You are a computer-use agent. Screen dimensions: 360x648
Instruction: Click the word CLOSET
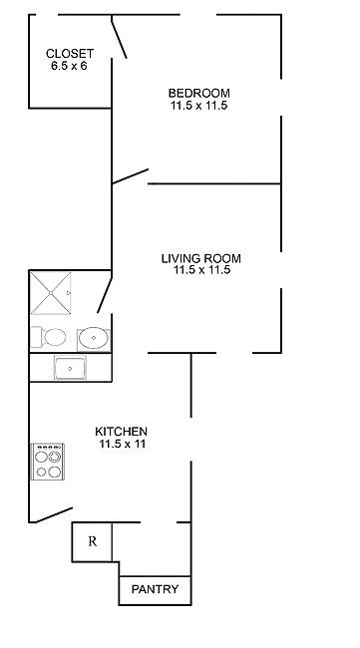pos(70,53)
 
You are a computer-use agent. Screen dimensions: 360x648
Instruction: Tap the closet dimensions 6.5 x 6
pos(70,65)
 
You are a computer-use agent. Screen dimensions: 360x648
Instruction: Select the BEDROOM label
pos(198,93)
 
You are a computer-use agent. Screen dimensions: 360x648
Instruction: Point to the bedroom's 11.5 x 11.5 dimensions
pos(198,105)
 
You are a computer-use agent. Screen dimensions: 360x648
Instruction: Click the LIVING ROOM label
pos(200,259)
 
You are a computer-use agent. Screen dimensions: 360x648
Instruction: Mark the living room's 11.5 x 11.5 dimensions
pos(201,270)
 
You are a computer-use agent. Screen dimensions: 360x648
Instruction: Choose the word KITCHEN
pos(121,432)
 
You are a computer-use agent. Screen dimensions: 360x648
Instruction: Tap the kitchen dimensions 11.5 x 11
pos(122,445)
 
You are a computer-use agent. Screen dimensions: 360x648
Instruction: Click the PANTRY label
pos(155,589)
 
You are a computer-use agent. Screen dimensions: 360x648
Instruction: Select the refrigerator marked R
pos(92,541)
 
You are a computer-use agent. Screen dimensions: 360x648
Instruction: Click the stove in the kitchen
pos(48,462)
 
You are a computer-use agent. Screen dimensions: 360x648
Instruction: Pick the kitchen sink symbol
pos(70,368)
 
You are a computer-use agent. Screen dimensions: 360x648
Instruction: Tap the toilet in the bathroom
pos(49,337)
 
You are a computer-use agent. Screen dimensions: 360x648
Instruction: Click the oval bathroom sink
pos(94,338)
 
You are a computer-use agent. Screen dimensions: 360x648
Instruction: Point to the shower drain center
pos(51,293)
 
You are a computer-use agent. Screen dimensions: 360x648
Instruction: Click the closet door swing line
pos(119,37)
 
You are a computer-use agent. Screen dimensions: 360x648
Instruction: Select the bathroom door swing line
pos(105,295)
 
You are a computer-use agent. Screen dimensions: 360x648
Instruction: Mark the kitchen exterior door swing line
pos(54,515)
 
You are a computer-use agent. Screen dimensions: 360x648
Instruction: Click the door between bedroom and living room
pos(131,176)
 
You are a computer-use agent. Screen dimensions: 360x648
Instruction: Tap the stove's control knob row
pos(48,448)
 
